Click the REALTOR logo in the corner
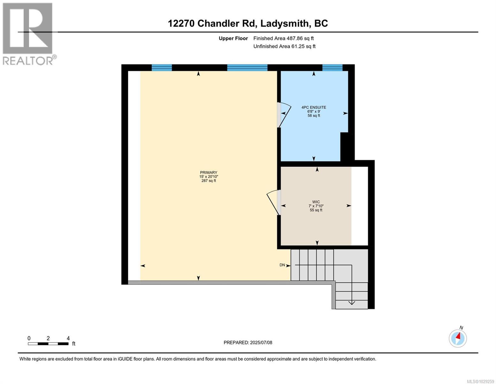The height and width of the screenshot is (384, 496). click(28, 34)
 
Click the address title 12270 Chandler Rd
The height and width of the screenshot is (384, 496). click(248, 23)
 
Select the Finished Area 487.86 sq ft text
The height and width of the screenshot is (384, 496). click(283, 38)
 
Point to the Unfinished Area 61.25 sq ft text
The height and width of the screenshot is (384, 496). click(284, 46)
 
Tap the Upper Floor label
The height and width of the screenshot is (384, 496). click(233, 38)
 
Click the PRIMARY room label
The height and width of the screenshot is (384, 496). click(208, 172)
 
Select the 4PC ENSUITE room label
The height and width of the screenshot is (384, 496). click(314, 108)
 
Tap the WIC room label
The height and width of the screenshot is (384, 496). click(316, 202)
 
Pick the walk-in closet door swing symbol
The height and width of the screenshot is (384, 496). click(273, 202)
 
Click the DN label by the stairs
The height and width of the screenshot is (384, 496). click(282, 265)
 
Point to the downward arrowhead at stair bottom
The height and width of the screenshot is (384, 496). click(351, 302)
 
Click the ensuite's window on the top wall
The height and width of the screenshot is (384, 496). click(332, 68)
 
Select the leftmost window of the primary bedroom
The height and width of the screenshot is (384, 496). click(162, 68)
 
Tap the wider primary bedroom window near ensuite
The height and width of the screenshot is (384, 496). click(247, 68)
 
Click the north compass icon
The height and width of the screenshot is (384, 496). click(458, 338)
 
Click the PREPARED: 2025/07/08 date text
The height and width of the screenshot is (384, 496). click(248, 342)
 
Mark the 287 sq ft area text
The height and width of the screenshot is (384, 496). click(208, 181)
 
